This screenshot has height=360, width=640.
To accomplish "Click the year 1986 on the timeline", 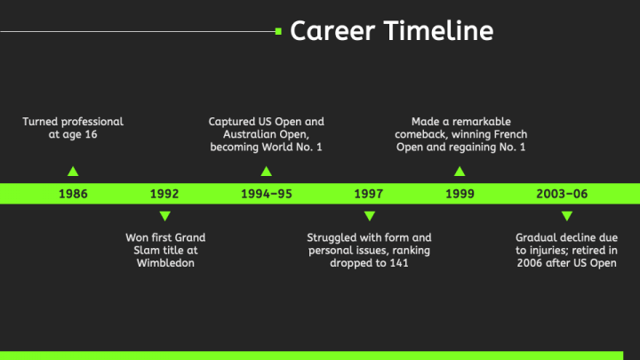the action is coord(73,194).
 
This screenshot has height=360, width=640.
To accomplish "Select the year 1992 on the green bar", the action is coord(164,194).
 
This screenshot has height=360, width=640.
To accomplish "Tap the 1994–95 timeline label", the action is coord(267,194).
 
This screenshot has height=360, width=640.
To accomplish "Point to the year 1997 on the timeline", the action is coord(369,194).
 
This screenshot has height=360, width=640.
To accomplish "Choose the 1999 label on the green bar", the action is coord(460,194).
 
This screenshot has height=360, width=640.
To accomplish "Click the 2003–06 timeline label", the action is coord(562,194).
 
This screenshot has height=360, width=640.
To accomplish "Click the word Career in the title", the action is coord(332,31).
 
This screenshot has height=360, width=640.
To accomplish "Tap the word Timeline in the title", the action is coord(439,31).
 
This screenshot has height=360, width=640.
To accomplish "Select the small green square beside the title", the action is coord(278,31).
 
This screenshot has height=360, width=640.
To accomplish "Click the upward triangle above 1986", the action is coord(73,172).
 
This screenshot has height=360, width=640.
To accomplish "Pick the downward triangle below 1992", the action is coord(165,215).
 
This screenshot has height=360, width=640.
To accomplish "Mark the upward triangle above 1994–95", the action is coord(267,172).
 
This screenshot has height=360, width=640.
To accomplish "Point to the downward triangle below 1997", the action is coord(370,215).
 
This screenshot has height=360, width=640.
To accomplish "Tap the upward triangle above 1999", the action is coord(460,172).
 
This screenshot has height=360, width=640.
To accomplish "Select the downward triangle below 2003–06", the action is coord(567,215).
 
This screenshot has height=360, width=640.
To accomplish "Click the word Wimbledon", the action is coord(165,263).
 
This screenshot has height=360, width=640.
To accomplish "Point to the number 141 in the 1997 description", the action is coord(399,263).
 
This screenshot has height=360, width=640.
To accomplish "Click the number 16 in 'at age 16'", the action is coord(91,135).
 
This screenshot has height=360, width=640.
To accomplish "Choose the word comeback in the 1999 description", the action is coord(419,134).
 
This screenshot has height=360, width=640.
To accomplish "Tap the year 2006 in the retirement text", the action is coord(530,263).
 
